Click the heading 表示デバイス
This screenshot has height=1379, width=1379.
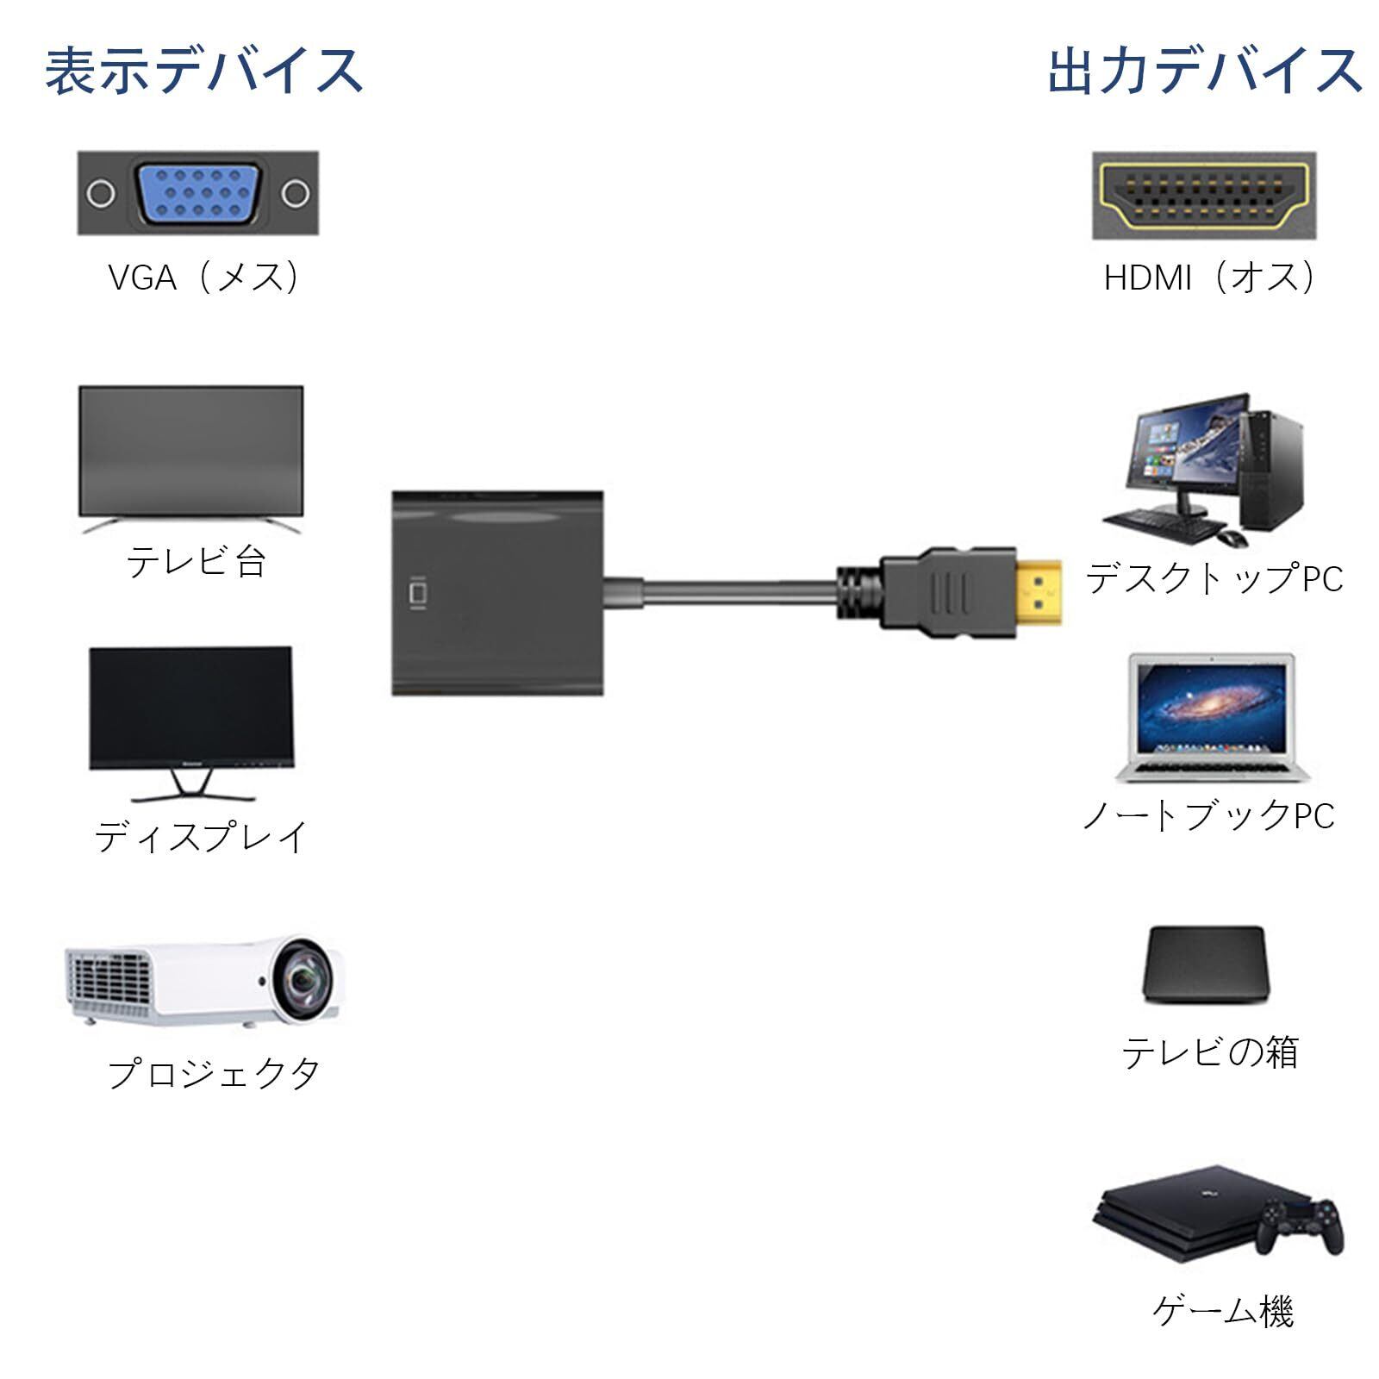tap(203, 71)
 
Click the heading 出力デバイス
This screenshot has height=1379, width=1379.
tap(1205, 71)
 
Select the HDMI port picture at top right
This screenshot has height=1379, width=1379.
tap(1205, 196)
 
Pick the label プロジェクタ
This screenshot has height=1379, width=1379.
tap(213, 1074)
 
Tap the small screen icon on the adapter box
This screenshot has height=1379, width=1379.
tap(418, 594)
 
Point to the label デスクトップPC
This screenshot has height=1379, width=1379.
tap(1214, 578)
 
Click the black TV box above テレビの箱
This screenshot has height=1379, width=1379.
tap(1206, 964)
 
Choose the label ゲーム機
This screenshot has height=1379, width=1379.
tap(1222, 1312)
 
